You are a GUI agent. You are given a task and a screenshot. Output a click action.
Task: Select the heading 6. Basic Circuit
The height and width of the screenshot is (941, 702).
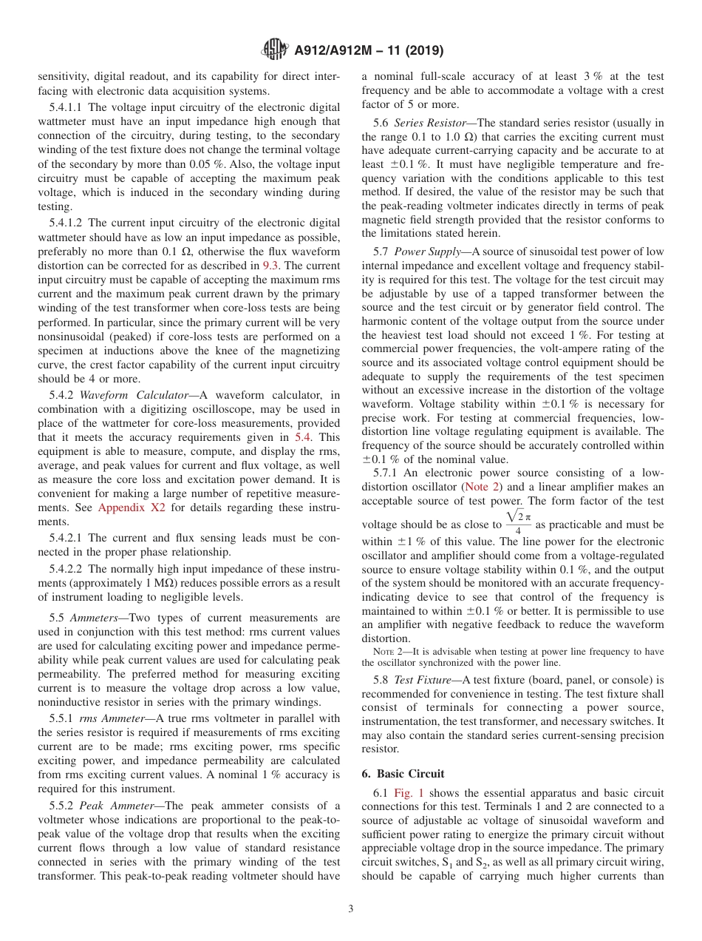coord(403,774)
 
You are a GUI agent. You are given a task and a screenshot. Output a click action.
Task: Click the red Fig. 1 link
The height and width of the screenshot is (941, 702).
coord(409,793)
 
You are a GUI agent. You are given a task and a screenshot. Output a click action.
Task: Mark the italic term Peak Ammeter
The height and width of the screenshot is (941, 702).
coord(112,806)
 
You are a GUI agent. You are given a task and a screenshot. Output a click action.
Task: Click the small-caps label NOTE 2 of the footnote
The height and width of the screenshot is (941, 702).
coord(387,652)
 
